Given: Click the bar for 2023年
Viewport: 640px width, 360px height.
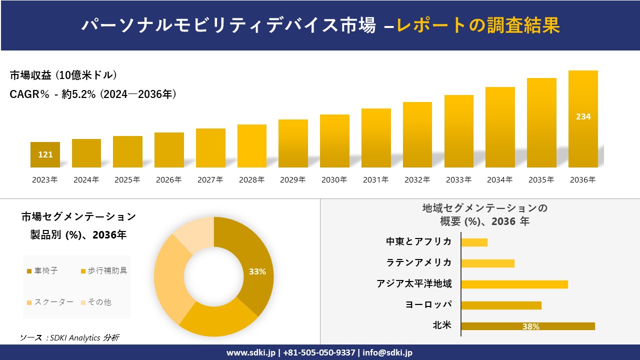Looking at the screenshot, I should (45, 155).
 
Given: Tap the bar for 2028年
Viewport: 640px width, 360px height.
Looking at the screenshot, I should (252, 146).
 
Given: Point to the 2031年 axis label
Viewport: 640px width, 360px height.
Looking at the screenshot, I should (375, 180).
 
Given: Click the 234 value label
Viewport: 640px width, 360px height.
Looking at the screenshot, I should (583, 116).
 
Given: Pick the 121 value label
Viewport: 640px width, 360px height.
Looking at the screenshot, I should (45, 154).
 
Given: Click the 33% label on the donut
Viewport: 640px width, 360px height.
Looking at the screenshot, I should (257, 271).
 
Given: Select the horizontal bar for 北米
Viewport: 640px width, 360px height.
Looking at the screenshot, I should (527, 326).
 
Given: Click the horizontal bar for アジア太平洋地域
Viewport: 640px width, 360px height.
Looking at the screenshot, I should (514, 284).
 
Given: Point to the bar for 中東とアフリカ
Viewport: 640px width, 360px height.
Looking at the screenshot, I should (474, 242).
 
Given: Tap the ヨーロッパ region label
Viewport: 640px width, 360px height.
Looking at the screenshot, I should (428, 305).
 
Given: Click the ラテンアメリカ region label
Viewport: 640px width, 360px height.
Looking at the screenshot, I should (419, 263).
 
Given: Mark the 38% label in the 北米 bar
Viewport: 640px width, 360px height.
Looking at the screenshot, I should (530, 326).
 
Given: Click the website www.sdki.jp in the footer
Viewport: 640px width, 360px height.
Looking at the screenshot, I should (250, 352).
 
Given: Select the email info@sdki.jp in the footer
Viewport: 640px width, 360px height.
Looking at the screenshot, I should (387, 352).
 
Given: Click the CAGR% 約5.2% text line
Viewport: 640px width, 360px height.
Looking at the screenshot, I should (93, 94).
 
